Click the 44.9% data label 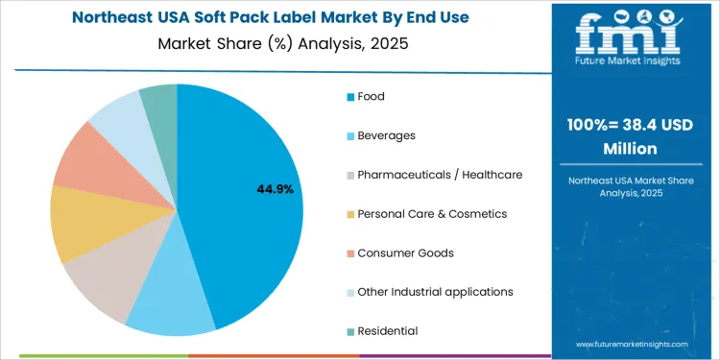pos(275,189)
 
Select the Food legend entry pos(370,96)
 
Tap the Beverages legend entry pos(386,135)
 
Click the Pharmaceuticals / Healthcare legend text pos(439,175)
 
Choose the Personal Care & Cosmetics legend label pos(431,213)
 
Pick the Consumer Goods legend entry pos(405,252)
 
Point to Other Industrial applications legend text pos(434,292)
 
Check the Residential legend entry pos(387,330)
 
